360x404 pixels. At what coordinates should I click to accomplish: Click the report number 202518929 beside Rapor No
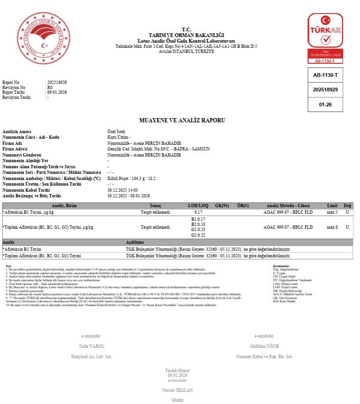tap(57, 82)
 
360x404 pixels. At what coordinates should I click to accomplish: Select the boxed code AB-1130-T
tap(325, 75)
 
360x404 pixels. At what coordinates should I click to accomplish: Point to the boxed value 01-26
tap(325, 105)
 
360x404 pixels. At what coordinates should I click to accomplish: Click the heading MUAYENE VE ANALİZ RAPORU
tap(182, 120)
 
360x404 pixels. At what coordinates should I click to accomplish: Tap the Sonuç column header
tap(156, 206)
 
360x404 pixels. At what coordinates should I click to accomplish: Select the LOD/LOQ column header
tap(198, 206)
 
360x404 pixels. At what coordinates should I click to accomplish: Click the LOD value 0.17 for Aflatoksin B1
tap(198, 212)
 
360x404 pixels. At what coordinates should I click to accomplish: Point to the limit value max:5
tap(332, 212)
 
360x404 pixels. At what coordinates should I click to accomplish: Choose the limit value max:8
tap(332, 227)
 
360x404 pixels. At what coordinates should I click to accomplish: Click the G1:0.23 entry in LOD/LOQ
tap(198, 230)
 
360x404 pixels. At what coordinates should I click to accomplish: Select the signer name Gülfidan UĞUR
tap(264, 346)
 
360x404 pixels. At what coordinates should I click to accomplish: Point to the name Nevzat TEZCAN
tap(177, 390)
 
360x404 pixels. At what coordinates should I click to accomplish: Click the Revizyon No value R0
tap(50, 88)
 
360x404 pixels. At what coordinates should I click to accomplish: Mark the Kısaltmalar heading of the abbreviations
tap(282, 266)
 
